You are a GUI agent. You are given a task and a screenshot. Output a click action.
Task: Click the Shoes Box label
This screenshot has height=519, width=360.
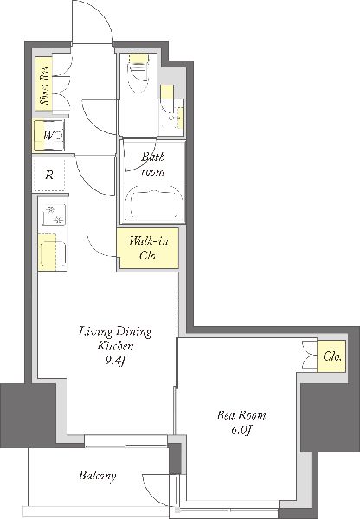(x=44, y=84)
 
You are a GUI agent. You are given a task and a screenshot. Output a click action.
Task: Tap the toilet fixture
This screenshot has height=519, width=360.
(x=138, y=74)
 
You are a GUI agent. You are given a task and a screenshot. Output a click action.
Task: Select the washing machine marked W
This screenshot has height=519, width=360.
(x=49, y=136)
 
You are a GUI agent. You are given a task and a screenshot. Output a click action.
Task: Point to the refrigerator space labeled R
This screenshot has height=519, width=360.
(x=49, y=175)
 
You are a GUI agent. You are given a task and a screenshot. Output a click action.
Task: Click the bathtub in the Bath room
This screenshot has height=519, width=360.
(x=153, y=202)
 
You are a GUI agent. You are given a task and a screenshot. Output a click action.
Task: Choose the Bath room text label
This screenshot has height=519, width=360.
(x=153, y=163)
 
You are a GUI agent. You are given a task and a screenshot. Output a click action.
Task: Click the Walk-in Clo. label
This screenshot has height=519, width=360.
(x=148, y=248)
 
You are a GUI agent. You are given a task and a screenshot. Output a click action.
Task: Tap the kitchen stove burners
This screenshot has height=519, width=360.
(x=54, y=215)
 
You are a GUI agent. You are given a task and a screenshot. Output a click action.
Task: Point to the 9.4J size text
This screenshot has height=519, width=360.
(x=116, y=361)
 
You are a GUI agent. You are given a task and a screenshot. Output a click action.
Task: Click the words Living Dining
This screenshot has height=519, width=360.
(x=116, y=331)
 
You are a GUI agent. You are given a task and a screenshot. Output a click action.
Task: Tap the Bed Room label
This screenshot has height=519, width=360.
(x=241, y=414)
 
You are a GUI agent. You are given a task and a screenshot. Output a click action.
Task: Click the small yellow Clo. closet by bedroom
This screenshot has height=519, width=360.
(x=331, y=356)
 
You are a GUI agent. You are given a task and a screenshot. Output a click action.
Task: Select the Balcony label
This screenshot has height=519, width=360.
(x=98, y=476)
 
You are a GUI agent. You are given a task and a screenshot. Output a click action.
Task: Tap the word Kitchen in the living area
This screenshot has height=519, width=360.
(x=115, y=346)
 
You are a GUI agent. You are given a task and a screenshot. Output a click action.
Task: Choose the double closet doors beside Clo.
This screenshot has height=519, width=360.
(x=310, y=356)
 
